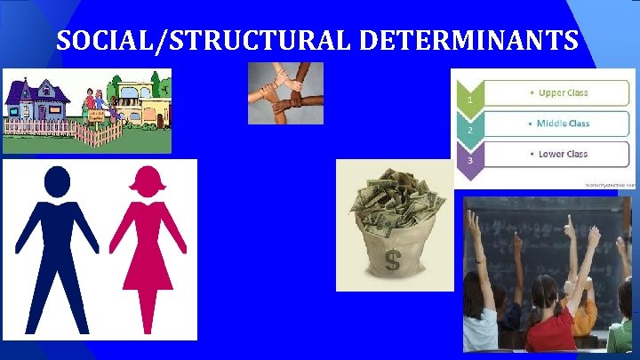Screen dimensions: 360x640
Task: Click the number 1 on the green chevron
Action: [470, 100]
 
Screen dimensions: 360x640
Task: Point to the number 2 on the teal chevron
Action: [470, 130]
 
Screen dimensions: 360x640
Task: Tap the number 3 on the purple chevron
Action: [470, 161]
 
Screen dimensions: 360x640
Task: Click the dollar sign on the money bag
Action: [392, 261]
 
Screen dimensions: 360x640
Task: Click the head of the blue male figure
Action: [57, 181]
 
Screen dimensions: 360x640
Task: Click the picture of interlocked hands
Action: [285, 92]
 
